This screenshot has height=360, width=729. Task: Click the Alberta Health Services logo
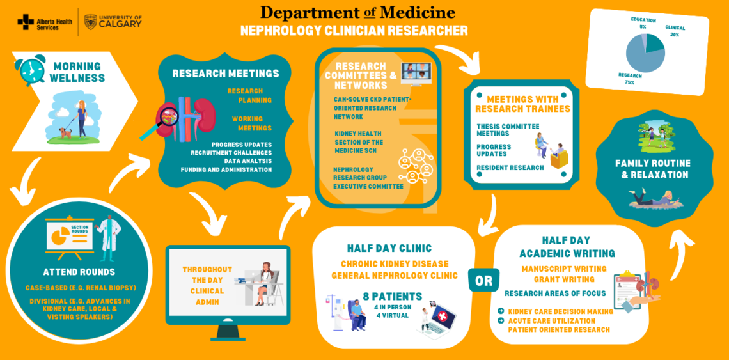coord(39,22)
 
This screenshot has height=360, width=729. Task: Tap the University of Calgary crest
coord(91,22)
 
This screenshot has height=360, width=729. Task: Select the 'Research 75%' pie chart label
coord(631,79)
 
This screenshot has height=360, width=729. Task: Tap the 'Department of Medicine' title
coord(357,12)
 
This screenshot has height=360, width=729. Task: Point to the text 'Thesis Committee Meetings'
coord(508,130)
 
